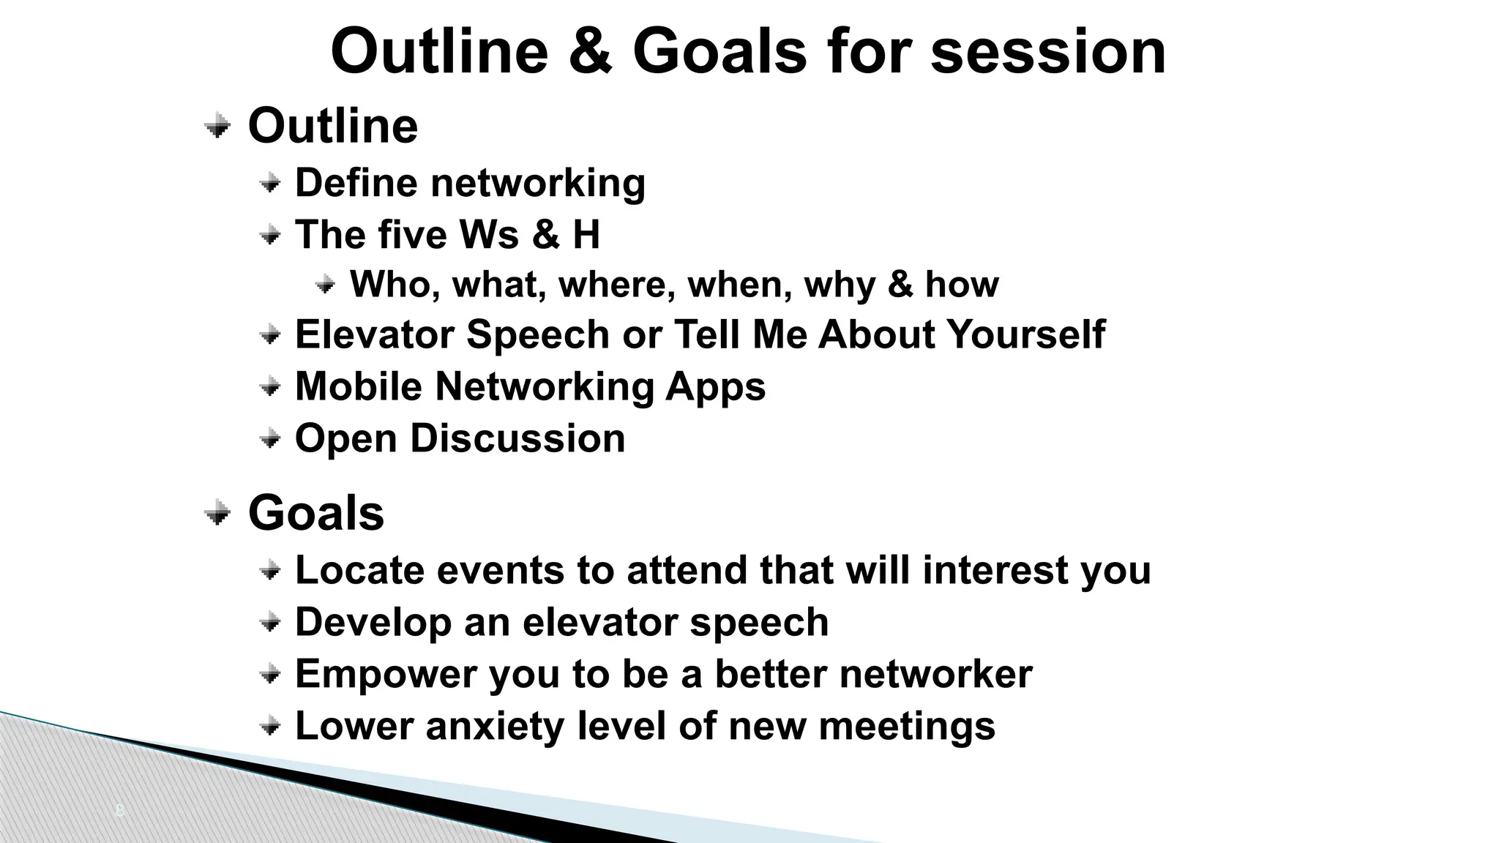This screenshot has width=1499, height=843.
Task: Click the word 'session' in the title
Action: [1047, 53]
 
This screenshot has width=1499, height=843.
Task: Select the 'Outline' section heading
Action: [333, 126]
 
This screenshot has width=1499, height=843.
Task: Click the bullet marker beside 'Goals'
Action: [217, 513]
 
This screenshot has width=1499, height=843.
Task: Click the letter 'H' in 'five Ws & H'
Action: [586, 235]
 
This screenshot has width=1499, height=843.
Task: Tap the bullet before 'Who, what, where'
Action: [326, 284]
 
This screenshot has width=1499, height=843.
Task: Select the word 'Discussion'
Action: [517, 438]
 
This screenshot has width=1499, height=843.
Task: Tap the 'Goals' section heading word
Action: [316, 513]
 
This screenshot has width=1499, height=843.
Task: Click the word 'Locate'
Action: [359, 570]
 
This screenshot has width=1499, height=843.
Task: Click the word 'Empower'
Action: [386, 675]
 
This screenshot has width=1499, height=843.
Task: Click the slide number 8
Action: [120, 811]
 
